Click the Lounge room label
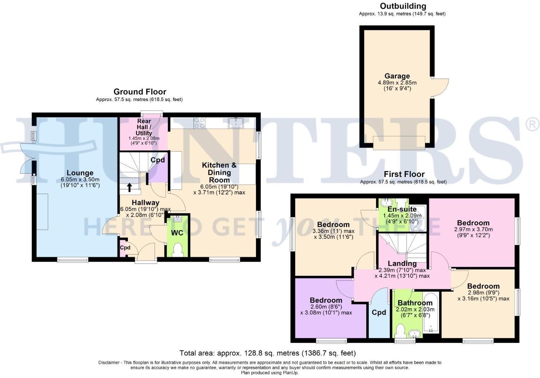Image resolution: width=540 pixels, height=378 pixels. [80, 173]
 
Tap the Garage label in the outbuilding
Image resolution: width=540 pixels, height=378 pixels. [397, 76]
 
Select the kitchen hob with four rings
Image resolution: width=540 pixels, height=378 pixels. [200, 123]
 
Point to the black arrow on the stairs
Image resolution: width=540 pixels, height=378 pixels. [129, 188]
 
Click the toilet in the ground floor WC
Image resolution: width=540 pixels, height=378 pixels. [178, 250]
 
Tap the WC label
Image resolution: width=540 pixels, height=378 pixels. [177, 233]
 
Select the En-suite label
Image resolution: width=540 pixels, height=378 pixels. [402, 209]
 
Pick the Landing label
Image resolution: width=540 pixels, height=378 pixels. [402, 264]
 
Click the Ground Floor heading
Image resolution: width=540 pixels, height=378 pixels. [140, 92]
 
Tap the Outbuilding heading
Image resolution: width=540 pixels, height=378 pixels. [403, 6]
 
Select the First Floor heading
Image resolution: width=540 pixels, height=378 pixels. [404, 174]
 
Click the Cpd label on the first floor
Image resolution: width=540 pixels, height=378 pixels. [379, 312]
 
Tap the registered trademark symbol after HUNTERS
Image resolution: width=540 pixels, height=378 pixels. [532, 125]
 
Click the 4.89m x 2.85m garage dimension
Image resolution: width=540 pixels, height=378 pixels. [397, 83]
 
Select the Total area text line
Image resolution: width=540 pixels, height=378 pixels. [267, 353]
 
